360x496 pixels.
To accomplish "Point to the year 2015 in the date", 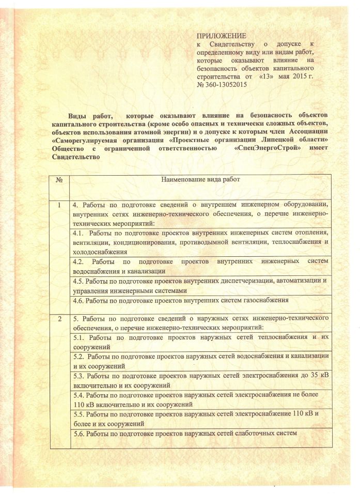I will [293, 76].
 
